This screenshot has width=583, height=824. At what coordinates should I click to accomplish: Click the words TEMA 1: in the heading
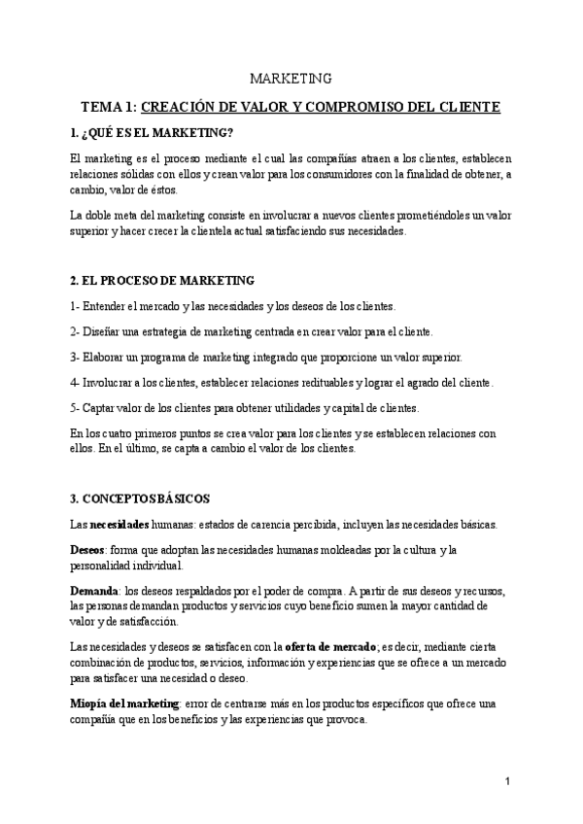click(x=110, y=106)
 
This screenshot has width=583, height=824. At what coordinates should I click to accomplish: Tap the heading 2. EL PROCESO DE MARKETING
click(x=162, y=280)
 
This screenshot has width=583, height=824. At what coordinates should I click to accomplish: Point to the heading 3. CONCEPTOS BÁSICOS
click(x=140, y=499)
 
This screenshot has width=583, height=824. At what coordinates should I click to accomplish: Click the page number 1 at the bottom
click(x=507, y=781)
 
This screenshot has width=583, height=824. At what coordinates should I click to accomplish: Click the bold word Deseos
click(x=88, y=550)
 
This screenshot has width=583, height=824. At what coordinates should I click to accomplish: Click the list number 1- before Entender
click(x=77, y=306)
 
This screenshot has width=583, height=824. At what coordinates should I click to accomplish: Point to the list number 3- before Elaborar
click(x=77, y=357)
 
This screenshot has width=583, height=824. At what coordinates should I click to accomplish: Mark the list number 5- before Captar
click(x=77, y=407)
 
